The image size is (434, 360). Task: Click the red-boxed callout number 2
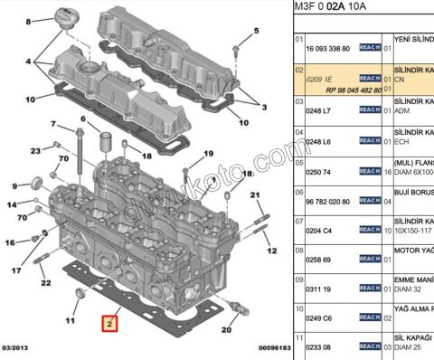click(x=110, y=322)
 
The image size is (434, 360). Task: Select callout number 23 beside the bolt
click(x=36, y=150)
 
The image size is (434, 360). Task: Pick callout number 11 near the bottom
click(x=69, y=319)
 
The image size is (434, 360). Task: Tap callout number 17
click(x=16, y=270)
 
